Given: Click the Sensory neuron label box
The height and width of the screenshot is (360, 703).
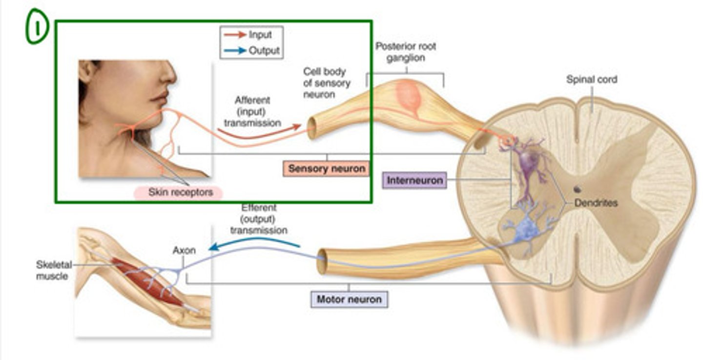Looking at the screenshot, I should coord(326,169).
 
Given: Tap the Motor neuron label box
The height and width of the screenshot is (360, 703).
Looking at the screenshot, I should coord(349,298).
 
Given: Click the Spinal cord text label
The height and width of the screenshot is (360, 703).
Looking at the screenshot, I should coord(591,79).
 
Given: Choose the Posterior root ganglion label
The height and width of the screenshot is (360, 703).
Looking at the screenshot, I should coord(406,52).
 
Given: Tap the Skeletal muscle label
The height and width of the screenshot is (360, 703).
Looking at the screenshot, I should coord(53,270).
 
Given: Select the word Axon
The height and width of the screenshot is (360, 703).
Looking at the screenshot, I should coord(184,251).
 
